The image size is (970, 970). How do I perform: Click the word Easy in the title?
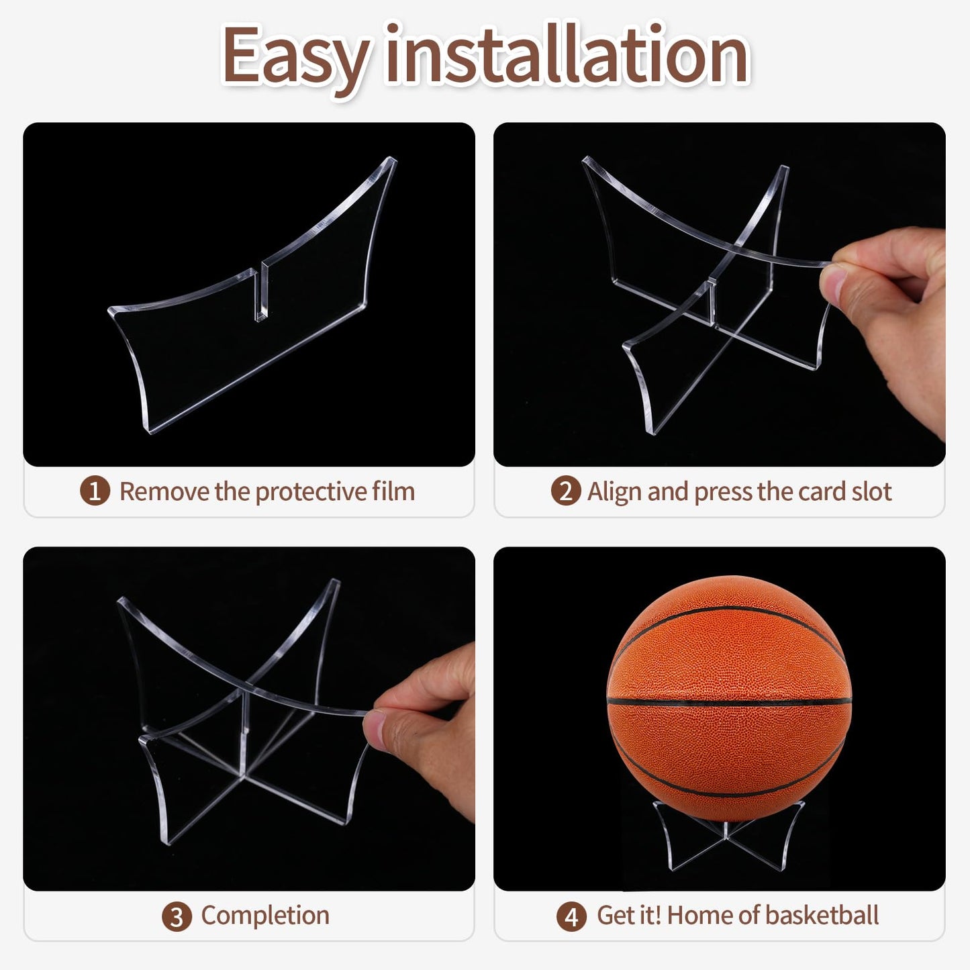pyautogui.click(x=295, y=57)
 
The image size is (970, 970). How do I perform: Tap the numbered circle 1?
pyautogui.click(x=95, y=491)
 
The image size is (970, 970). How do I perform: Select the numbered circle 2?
pyautogui.click(x=565, y=491)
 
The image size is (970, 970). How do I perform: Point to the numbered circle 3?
pyautogui.click(x=177, y=916)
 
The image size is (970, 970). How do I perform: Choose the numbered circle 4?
pyautogui.click(x=571, y=916)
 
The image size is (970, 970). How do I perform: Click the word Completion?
pyautogui.click(x=265, y=916)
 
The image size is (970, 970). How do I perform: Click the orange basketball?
pyautogui.click(x=729, y=698)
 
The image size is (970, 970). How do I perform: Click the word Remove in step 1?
pyautogui.click(x=164, y=491)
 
